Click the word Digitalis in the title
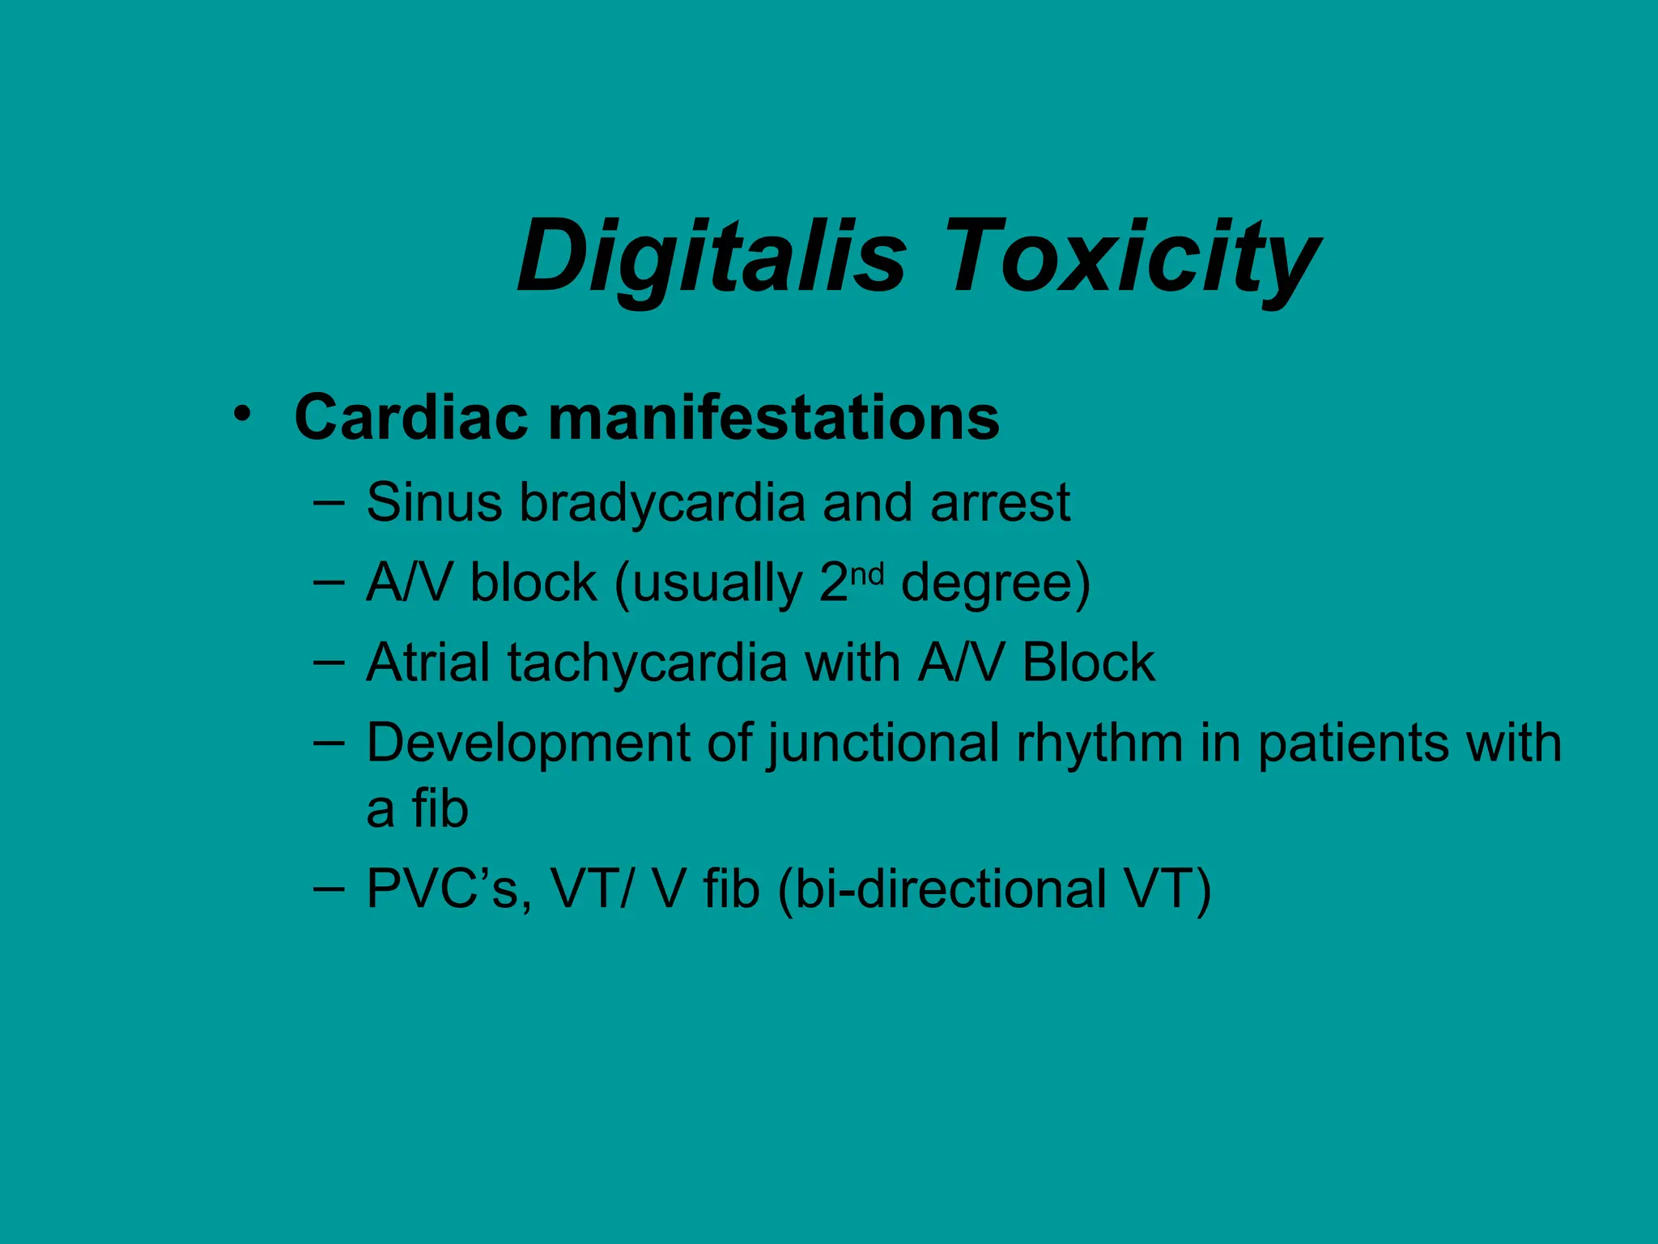click(x=712, y=258)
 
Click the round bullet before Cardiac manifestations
click(x=240, y=414)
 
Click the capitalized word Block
click(x=1088, y=662)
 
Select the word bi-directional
click(x=950, y=889)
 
